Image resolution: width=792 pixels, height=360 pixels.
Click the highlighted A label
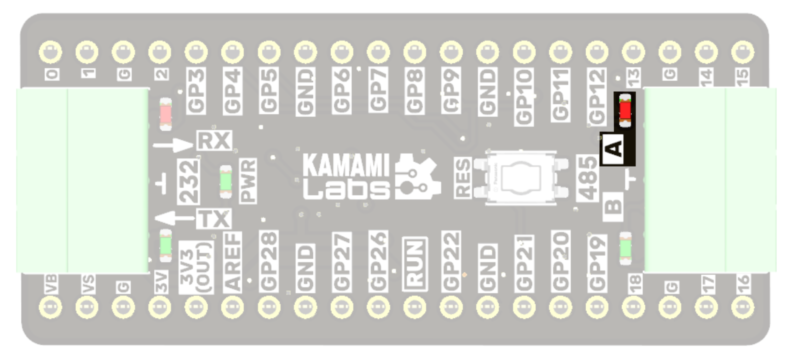click(x=614, y=149)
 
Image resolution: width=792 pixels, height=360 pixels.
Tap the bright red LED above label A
click(x=625, y=110)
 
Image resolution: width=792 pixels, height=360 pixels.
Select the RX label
click(x=214, y=140)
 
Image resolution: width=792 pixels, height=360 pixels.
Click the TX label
click(x=213, y=219)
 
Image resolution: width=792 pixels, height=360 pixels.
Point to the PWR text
click(x=248, y=180)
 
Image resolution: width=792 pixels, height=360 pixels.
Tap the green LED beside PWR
click(x=226, y=180)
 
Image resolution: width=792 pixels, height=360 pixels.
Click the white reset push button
click(x=521, y=177)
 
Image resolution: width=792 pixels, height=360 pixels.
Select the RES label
click(x=463, y=177)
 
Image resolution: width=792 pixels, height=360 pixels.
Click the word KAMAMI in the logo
click(x=346, y=165)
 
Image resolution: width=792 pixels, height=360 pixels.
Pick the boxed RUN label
click(x=415, y=263)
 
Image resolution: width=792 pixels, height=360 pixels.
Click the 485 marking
click(x=587, y=178)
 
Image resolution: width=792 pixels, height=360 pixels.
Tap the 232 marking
click(x=189, y=181)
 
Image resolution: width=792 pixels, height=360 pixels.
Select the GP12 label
click(x=597, y=96)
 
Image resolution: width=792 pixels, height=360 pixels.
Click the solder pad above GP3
click(x=196, y=52)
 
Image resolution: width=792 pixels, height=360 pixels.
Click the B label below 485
click(x=613, y=206)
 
